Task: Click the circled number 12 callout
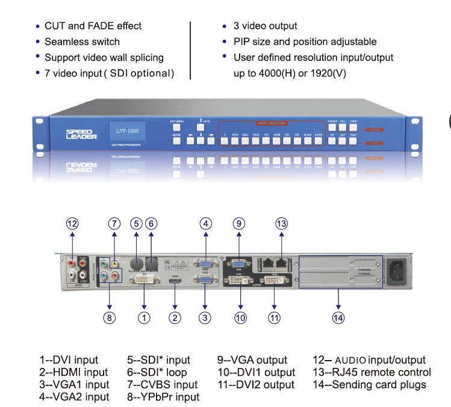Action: (73, 223)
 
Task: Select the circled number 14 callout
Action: (339, 318)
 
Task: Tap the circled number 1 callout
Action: (145, 318)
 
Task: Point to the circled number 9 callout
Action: (239, 223)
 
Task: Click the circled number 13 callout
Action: (282, 223)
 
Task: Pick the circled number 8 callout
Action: (109, 318)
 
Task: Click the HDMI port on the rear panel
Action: (176, 280)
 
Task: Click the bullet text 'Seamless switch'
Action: (82, 42)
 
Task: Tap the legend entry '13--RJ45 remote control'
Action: (372, 372)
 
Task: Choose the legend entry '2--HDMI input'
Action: (74, 372)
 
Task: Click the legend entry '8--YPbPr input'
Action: (163, 397)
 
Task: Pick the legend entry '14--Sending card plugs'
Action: (369, 385)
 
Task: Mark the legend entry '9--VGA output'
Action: (252, 360)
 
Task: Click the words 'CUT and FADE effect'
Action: (93, 26)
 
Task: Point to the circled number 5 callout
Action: (137, 223)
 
